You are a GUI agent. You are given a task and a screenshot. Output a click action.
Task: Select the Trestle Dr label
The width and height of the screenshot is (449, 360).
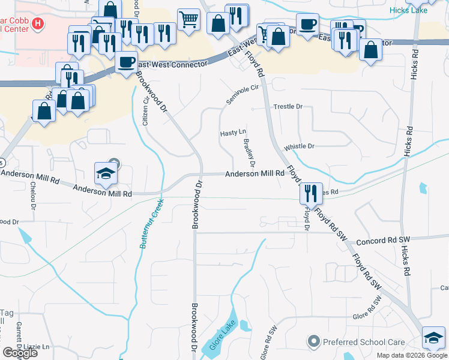point(289,106)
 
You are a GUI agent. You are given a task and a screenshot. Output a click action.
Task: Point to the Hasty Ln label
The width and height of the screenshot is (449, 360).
point(234,132)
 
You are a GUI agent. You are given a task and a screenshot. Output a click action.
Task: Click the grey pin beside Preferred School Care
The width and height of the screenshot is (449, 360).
point(313,342)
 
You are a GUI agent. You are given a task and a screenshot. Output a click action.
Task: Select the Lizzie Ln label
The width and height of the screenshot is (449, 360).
point(37,347)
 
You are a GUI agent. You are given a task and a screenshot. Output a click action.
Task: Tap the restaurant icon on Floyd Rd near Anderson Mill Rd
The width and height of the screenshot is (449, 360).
point(311,193)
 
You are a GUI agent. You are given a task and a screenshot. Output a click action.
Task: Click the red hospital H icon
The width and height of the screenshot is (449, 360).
point(38,24)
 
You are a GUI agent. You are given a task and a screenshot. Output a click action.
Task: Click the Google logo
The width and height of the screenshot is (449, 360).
point(20,353)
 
